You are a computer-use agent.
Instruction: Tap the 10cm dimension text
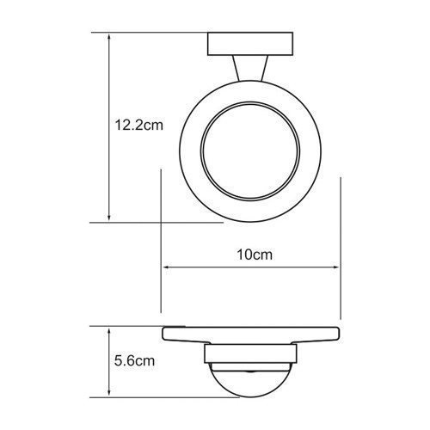252,255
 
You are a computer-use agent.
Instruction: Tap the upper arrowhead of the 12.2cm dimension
109,38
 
